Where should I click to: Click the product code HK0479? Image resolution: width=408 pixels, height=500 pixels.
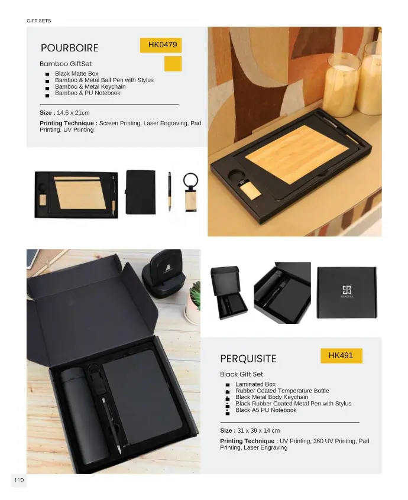coord(163,45)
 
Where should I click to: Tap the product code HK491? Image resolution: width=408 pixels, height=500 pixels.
coord(341,355)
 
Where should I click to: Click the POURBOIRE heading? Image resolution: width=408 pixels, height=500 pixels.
coord(70,48)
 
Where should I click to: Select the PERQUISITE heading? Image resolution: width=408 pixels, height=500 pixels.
coord(248,359)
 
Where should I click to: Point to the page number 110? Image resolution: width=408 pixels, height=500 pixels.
coord(19,480)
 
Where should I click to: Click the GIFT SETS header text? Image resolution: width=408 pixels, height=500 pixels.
coord(39,21)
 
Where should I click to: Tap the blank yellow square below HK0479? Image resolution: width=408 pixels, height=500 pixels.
coord(173,64)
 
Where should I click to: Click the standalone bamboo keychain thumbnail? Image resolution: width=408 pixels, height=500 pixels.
coord(191,192)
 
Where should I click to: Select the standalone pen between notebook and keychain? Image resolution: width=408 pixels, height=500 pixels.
coord(170,191)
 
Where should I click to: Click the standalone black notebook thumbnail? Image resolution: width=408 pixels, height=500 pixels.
coord(141,192)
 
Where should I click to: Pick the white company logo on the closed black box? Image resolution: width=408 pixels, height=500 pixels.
coord(347,291)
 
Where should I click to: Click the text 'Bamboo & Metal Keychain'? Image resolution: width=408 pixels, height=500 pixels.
coord(90,86)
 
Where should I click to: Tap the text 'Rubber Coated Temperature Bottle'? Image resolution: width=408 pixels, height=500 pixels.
coord(282,391)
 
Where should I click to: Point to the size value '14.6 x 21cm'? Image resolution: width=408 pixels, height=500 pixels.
coord(73,112)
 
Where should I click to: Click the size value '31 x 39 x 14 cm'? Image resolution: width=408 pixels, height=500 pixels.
coord(258,430)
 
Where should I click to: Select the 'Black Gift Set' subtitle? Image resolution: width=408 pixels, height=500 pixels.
coord(241,374)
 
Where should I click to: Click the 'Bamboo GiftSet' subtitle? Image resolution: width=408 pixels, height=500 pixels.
coord(66,64)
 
